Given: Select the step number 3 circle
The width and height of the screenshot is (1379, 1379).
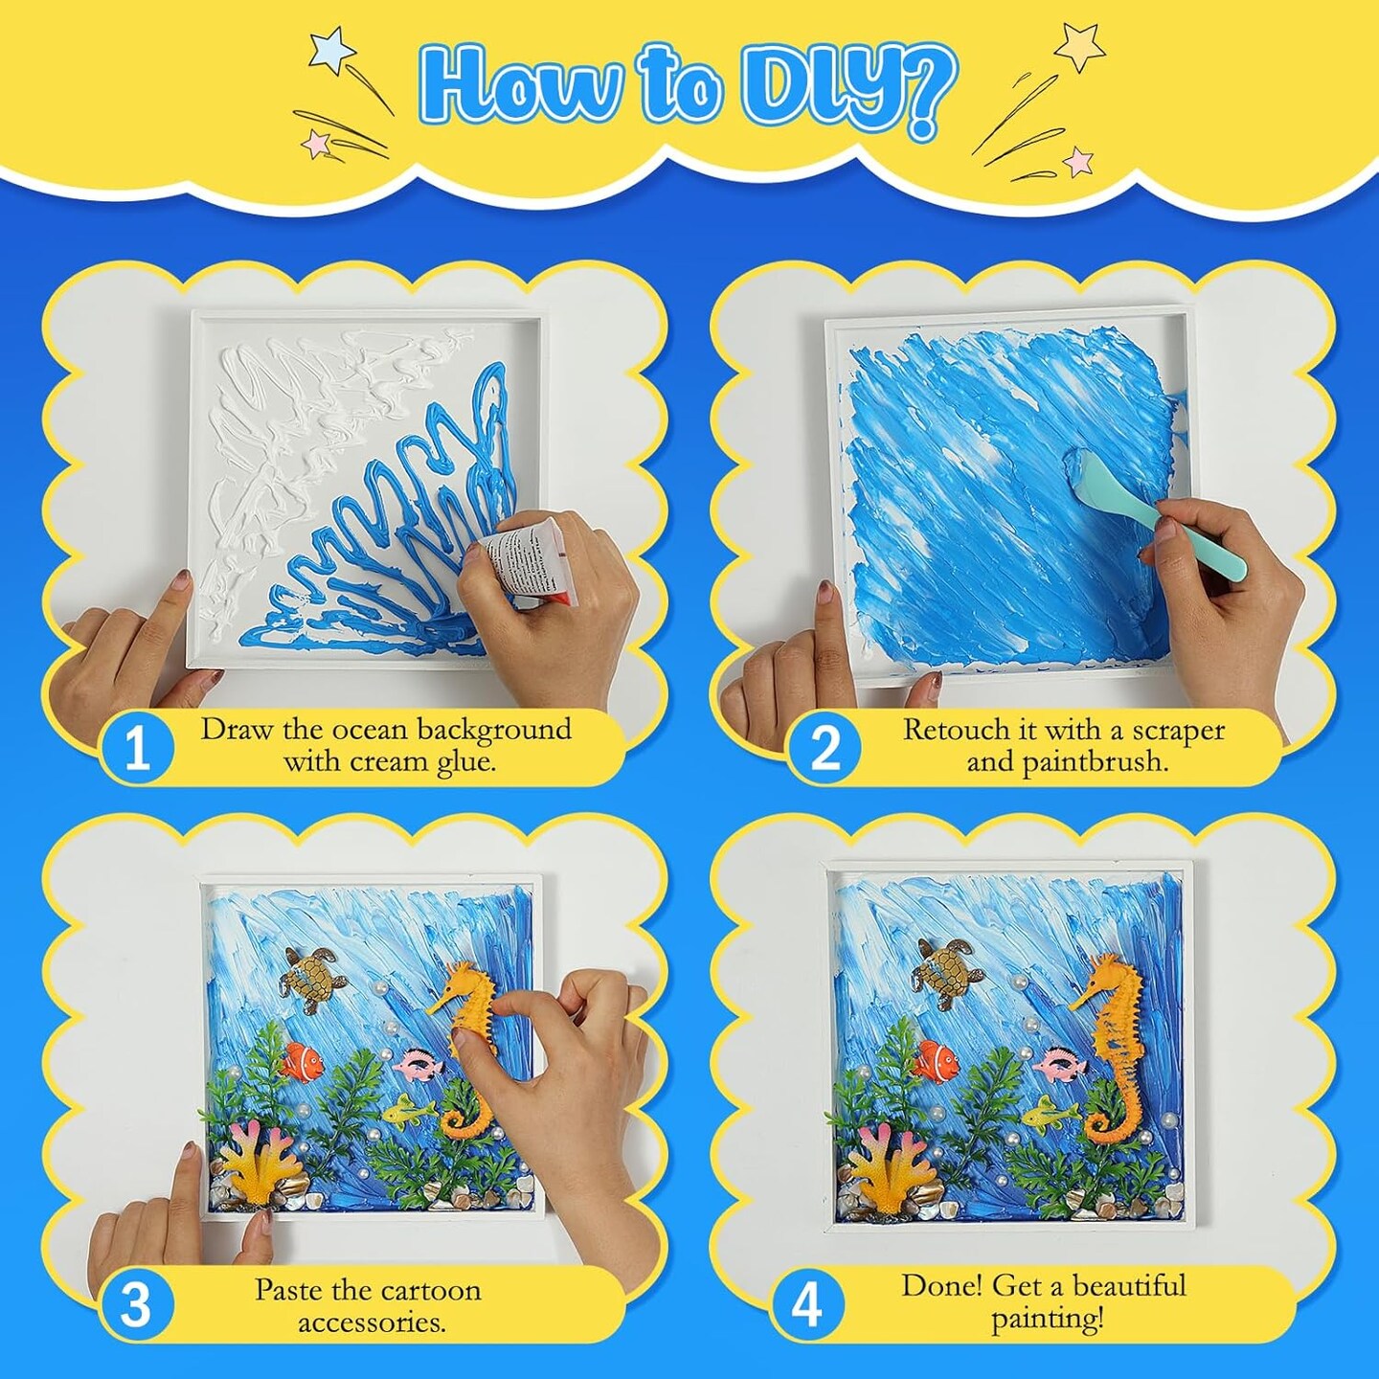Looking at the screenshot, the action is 137,1304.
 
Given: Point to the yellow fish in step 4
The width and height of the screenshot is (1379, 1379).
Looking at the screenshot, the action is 1049,1117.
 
